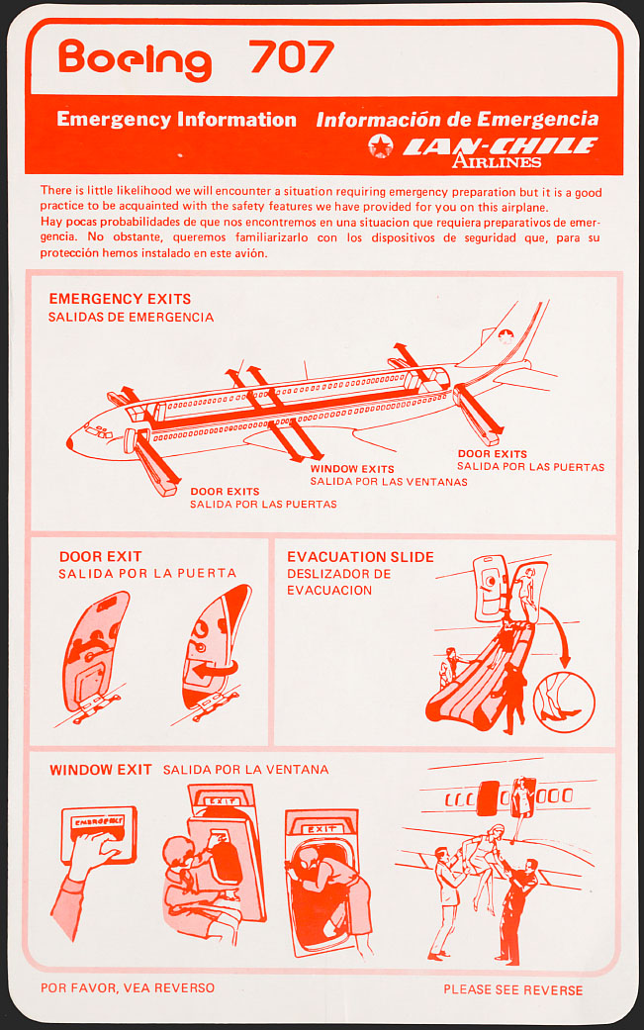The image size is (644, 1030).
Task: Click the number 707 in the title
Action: click(292, 58)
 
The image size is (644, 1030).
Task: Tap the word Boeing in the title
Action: click(135, 59)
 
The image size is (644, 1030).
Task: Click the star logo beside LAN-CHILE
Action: click(380, 147)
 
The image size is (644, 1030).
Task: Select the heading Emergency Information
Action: click(176, 120)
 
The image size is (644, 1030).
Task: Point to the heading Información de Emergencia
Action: click(457, 120)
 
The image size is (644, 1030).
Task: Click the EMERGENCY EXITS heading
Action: click(120, 299)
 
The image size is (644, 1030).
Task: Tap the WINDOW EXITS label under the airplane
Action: click(352, 469)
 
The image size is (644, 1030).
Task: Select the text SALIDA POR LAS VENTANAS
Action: click(389, 482)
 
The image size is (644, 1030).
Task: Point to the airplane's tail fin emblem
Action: click(506, 336)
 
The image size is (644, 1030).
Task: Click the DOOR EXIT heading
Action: click(100, 557)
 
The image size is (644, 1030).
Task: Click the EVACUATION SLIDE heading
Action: click(360, 557)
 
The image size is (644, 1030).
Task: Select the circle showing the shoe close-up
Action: click(564, 702)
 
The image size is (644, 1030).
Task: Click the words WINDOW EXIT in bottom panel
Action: click(101, 770)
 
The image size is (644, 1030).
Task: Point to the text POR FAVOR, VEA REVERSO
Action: click(128, 987)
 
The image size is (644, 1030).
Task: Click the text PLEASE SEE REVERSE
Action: click(512, 989)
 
